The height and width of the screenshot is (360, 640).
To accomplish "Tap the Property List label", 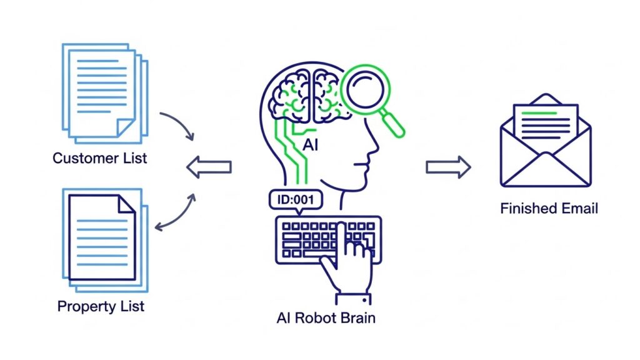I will (x=101, y=306).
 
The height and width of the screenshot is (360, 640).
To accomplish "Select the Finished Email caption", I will (x=549, y=208).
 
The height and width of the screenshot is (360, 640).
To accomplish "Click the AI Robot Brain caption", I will (x=326, y=317).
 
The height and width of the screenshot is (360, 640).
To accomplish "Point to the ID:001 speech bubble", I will (x=296, y=200).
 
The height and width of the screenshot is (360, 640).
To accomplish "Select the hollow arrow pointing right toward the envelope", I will (x=447, y=167).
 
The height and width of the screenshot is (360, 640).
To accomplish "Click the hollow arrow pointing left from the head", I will (x=209, y=167).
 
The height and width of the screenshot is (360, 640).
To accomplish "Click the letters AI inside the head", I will (x=311, y=145).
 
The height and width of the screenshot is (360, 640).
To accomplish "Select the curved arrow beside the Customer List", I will (x=178, y=124).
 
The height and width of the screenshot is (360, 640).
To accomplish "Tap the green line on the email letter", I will (x=536, y=113).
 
